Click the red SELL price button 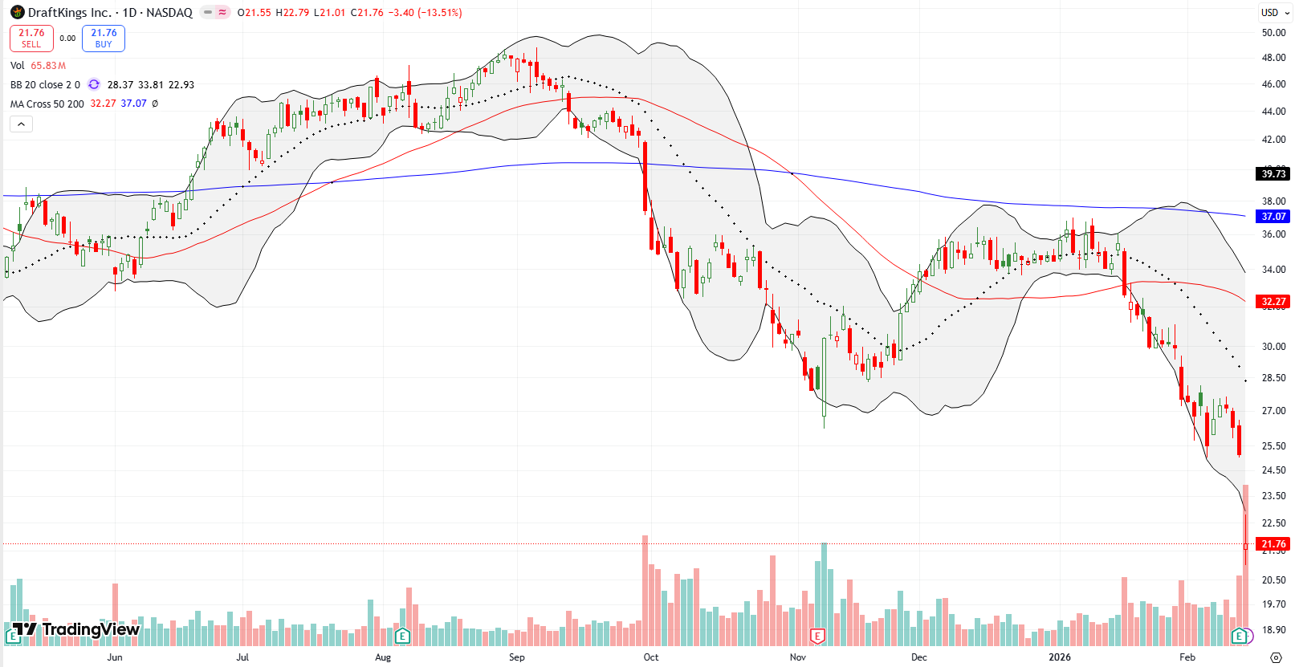(x=31, y=38)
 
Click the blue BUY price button (x=104, y=38)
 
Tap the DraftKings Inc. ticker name (x=69, y=13)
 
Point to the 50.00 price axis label (x=1273, y=33)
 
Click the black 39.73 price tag (x=1273, y=173)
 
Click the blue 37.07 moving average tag (x=1273, y=216)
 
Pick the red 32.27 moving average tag (x=1273, y=302)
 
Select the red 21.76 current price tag (x=1273, y=544)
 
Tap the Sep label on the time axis (x=517, y=657)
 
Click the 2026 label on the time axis (x=1060, y=657)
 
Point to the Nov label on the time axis (x=797, y=657)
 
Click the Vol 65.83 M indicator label (x=38, y=66)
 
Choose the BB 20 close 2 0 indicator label (x=45, y=84)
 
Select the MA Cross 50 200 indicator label (x=47, y=104)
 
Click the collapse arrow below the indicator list (x=21, y=124)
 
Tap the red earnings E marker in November (x=817, y=636)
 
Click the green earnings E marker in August (x=402, y=636)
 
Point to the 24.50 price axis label (x=1273, y=470)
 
